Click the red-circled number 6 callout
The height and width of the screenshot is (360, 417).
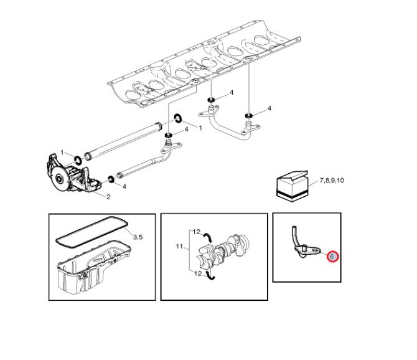tap(332, 257)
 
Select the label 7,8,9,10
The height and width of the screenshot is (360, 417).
tap(332, 181)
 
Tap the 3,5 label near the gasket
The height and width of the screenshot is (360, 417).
tap(138, 237)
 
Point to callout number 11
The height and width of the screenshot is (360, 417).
tap(179, 247)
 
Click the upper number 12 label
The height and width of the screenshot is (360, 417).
tap(196, 232)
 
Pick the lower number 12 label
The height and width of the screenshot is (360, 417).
tap(198, 273)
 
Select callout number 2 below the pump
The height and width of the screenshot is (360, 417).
tap(108, 197)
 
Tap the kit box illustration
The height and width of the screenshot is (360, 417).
tap(293, 186)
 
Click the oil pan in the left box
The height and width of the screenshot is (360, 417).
tap(93, 267)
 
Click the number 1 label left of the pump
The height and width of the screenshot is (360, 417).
tap(62, 153)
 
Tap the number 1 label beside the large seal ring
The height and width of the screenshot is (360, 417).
tap(200, 128)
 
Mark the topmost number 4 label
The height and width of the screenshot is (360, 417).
tap(232, 92)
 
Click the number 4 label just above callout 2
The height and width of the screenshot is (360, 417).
tap(124, 186)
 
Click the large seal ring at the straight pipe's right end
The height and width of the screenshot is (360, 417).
tap(178, 118)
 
